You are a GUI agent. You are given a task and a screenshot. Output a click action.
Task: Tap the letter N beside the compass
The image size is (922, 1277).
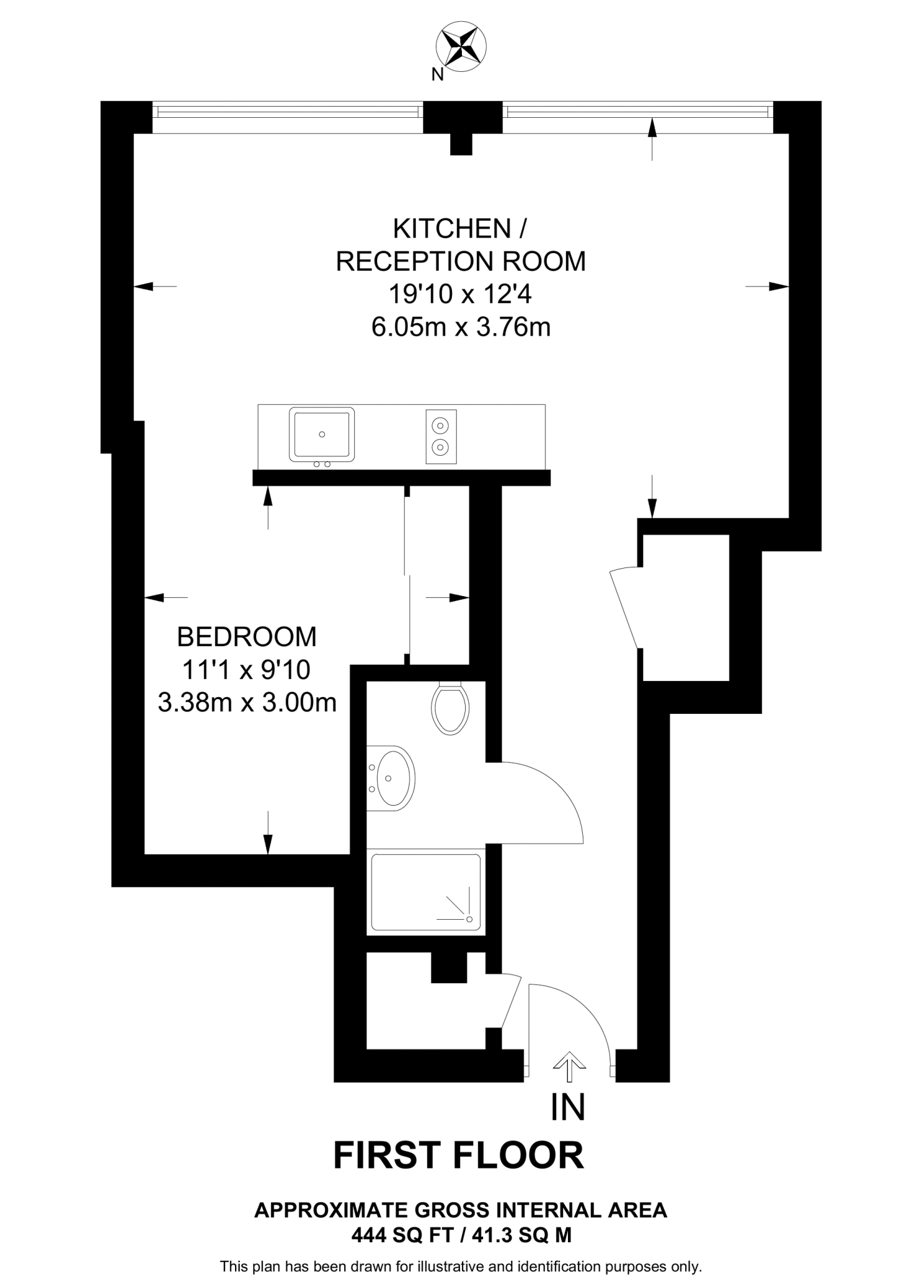click(438, 75)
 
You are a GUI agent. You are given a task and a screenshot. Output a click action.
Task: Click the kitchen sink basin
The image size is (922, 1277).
click(322, 434)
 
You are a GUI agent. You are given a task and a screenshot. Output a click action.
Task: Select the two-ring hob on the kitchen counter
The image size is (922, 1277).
click(441, 436)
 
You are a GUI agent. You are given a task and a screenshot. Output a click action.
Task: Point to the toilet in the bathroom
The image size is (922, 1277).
click(450, 708)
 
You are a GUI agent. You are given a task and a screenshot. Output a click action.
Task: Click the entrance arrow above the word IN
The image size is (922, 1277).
click(569, 1066)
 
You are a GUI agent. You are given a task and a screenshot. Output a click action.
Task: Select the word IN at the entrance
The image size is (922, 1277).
click(568, 1107)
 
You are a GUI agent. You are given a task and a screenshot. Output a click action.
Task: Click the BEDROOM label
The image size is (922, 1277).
click(247, 637)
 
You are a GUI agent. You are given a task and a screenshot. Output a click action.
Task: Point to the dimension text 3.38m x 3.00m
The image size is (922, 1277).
click(247, 703)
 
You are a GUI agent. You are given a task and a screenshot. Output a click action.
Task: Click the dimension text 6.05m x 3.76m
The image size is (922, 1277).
click(461, 327)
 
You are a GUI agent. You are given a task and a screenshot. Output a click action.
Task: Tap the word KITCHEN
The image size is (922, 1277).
click(452, 229)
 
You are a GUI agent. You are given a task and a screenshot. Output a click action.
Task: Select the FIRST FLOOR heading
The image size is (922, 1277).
click(459, 1155)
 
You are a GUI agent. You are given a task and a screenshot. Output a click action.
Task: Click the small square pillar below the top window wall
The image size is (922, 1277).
click(461, 144)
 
